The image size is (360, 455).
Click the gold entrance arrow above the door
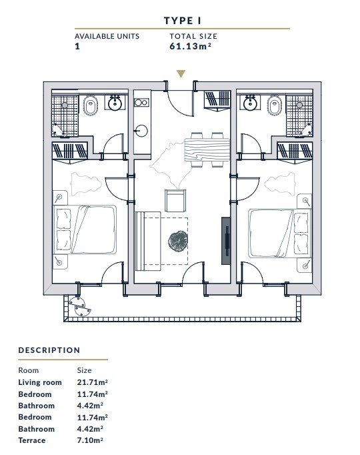181,73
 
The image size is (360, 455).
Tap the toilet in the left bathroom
91,105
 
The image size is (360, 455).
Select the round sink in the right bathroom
249,103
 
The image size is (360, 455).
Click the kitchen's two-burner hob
142,103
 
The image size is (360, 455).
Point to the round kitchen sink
142,131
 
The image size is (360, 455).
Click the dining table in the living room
207,149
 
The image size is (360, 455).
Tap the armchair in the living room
175,201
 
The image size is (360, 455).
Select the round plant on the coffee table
178,241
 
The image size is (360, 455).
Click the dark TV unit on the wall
226,241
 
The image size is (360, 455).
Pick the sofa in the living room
148,241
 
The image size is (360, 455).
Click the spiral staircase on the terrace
78,306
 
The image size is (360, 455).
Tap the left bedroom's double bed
85,230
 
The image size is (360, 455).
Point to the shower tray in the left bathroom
65,115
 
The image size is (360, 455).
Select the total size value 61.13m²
191,46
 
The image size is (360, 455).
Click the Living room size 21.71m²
93,382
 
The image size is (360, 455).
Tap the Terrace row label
32,440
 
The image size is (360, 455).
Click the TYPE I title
182,21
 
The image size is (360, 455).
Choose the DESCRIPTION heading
49,350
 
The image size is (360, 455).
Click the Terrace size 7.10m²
90,440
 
